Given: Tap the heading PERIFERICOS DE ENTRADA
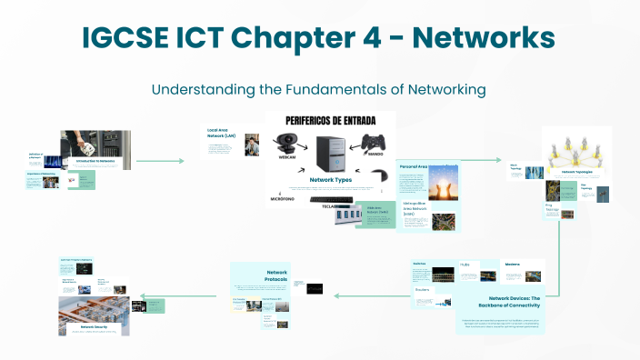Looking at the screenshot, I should point(330,121).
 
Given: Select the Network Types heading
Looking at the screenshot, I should point(330,180).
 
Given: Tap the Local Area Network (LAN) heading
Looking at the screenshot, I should point(222,134).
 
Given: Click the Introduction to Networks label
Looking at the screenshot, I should point(95,161).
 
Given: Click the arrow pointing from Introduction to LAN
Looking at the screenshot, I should point(182,161).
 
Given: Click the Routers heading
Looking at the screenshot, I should point(422,291).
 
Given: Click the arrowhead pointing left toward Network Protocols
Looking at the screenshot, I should point(335,295).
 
